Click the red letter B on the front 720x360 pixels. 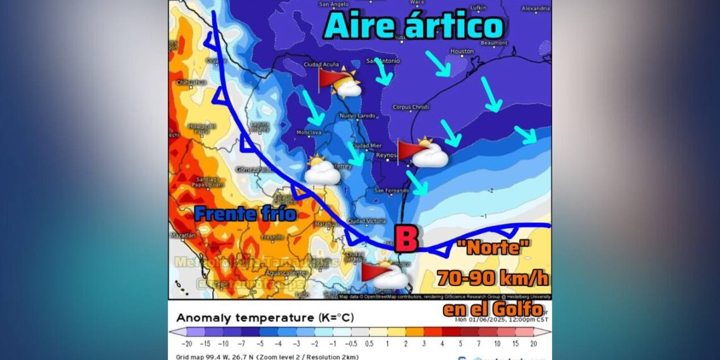(406, 240)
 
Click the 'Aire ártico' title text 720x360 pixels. (414, 27)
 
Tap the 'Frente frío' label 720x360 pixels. (245, 213)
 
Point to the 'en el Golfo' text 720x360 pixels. (493, 309)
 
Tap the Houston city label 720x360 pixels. (462, 51)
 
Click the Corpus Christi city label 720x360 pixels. (411, 107)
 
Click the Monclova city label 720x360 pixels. (309, 133)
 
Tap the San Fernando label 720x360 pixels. (388, 191)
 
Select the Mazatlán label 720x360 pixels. (183, 235)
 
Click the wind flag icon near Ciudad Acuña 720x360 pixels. (328, 79)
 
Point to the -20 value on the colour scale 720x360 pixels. (186, 344)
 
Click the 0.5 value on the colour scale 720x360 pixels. (369, 344)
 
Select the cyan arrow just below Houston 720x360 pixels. (437, 63)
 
